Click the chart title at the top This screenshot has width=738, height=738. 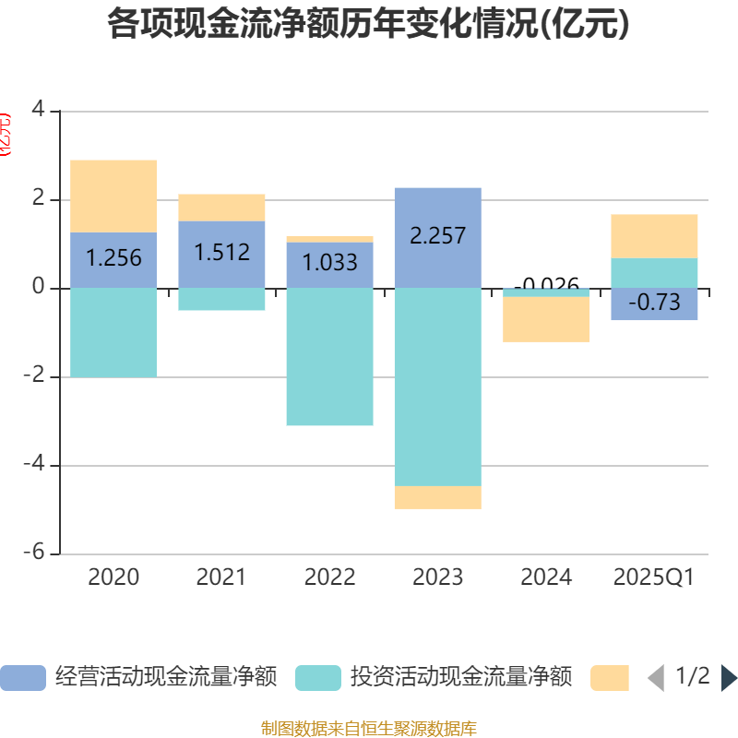[x=369, y=25]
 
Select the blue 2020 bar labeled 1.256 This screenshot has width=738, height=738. [x=113, y=260]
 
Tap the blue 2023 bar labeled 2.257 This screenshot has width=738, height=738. [x=437, y=237]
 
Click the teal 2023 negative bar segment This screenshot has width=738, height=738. [x=437, y=387]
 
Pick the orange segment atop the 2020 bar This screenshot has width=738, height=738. [x=113, y=196]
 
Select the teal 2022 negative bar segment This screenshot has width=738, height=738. [x=329, y=357]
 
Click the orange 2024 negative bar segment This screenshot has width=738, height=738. [x=546, y=319]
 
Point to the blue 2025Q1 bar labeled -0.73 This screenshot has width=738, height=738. [x=654, y=304]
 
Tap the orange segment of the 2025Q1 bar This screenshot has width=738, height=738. [x=654, y=236]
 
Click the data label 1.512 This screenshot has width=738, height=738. [x=221, y=252]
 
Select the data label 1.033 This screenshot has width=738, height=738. [x=329, y=263]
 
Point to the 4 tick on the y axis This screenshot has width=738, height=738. [x=38, y=111]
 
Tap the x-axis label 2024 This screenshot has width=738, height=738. [x=546, y=578]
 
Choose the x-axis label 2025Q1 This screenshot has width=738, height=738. [x=654, y=578]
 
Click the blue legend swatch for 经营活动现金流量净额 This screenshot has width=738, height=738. [x=22, y=678]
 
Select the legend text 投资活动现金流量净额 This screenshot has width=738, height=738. [x=461, y=678]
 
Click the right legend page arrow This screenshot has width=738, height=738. [x=729, y=678]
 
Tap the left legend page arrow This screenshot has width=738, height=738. [x=656, y=678]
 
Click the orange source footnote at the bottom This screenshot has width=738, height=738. [x=369, y=728]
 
